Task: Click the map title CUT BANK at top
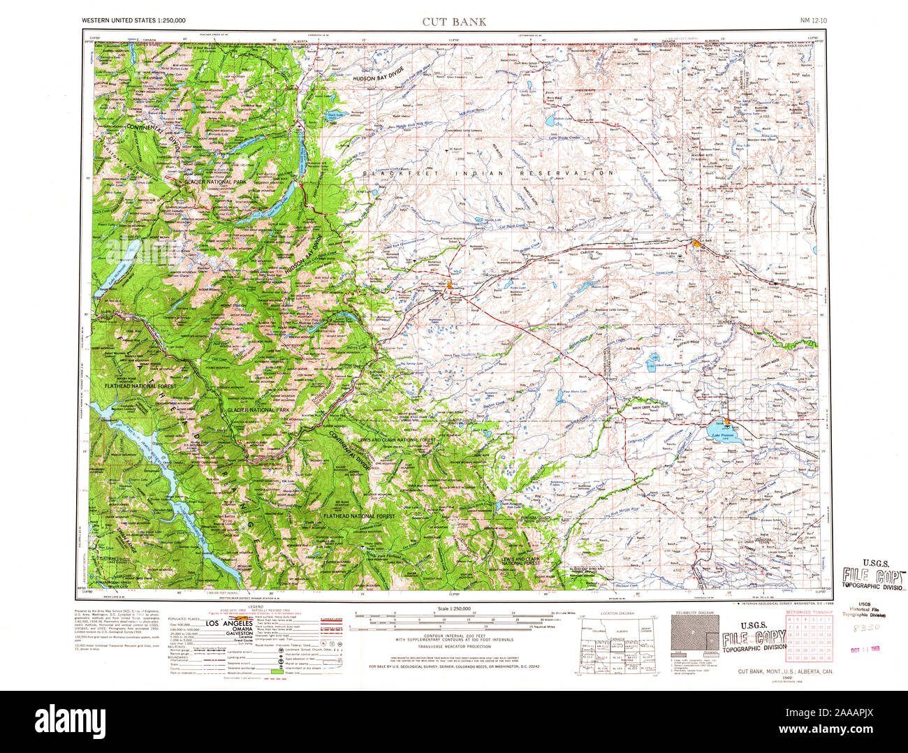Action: coord(454,21)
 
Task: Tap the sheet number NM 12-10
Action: coord(813,21)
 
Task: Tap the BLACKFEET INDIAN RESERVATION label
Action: coord(490,173)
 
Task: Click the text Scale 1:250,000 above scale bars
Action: coord(454,610)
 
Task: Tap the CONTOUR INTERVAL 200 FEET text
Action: coord(454,634)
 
